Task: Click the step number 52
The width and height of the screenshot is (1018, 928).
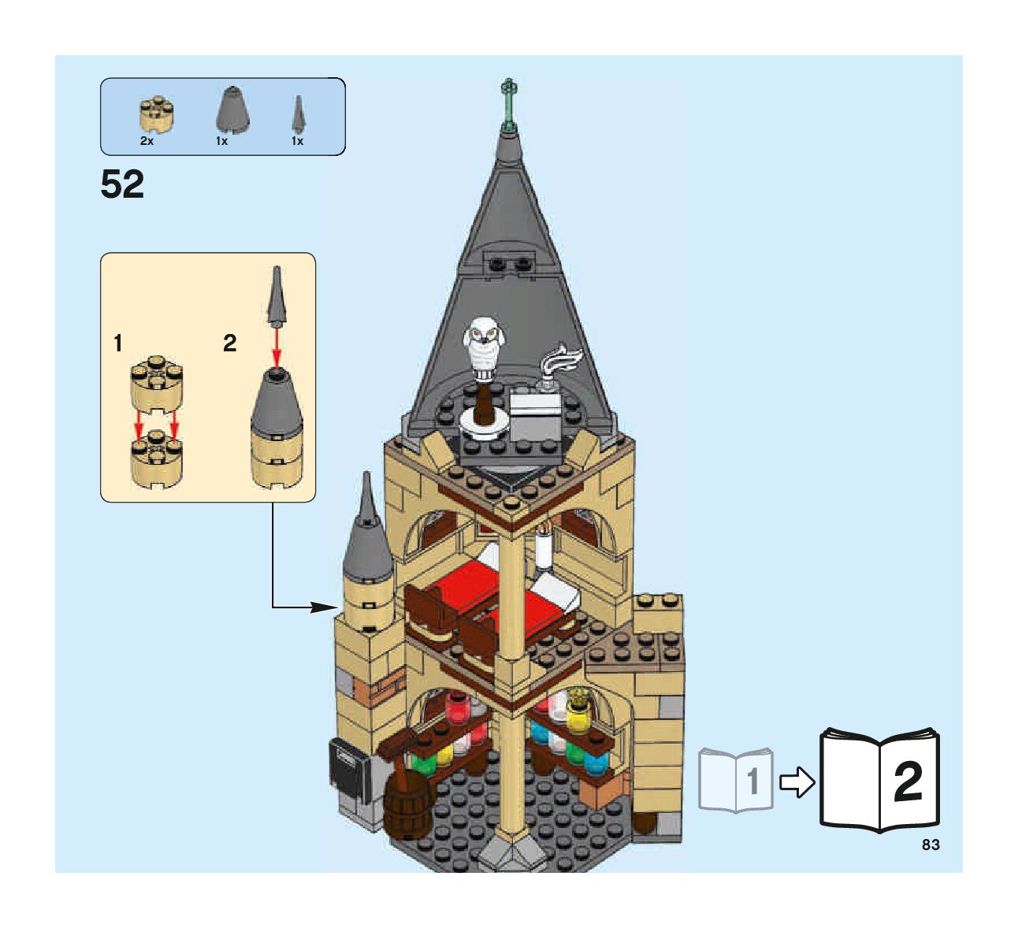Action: (122, 184)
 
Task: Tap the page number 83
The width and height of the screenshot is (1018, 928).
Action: (930, 844)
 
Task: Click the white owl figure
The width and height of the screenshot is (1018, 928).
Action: (483, 347)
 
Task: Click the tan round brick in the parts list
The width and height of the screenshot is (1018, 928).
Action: (156, 116)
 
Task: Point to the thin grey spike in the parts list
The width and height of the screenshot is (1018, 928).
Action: (298, 113)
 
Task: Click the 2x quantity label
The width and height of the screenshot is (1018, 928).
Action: (147, 141)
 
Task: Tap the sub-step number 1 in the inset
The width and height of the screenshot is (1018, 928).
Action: (118, 343)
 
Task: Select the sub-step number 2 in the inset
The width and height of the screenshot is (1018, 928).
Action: (229, 343)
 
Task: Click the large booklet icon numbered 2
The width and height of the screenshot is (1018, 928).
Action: (879, 780)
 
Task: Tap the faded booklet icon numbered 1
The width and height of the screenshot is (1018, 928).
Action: (736, 780)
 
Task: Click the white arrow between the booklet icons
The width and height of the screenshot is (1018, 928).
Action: (797, 782)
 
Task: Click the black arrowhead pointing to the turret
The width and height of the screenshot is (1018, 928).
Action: (325, 607)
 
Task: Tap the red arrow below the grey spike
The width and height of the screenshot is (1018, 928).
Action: (277, 347)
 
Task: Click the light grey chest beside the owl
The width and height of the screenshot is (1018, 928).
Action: (535, 416)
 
